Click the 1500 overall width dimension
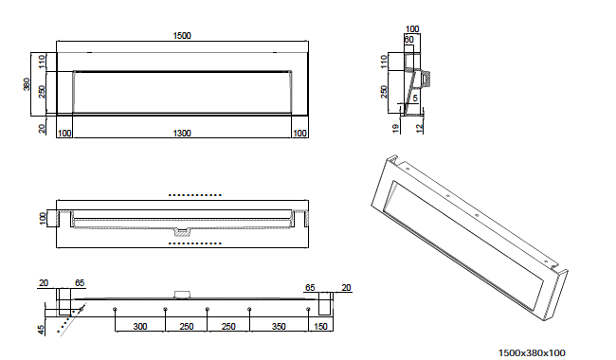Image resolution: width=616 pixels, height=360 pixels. click(182, 36)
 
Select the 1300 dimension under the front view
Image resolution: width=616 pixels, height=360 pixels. click(182, 133)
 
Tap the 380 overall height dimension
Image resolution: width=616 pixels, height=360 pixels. click(27, 84)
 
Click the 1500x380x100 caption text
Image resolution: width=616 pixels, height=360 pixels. click(532, 353)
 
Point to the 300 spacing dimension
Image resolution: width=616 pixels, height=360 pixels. click(140, 326)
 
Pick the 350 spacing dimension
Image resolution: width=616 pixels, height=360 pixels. click(279, 326)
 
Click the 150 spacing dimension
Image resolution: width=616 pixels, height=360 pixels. click(320, 326)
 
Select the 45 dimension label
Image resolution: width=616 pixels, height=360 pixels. click(42, 331)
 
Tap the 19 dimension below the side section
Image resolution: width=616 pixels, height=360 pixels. click(395, 128)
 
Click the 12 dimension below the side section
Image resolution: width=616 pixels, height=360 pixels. click(419, 128)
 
